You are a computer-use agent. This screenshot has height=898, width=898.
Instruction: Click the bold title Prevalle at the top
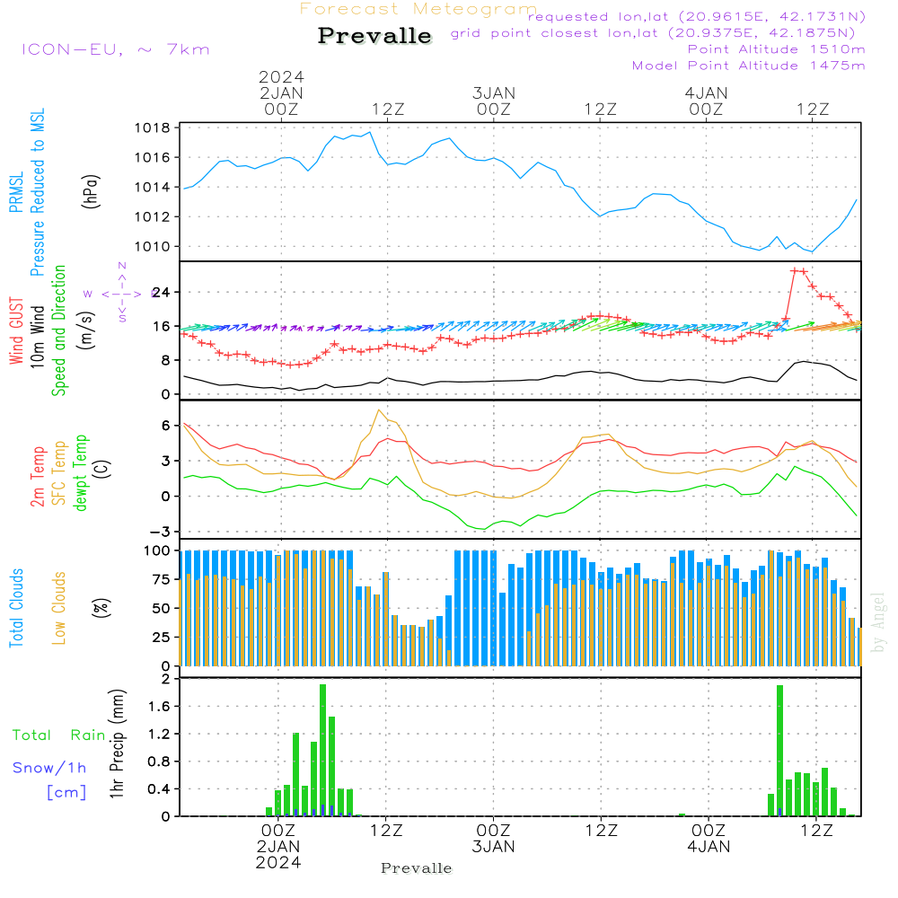point(374,37)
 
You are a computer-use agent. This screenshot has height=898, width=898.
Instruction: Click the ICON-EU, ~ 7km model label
point(115,49)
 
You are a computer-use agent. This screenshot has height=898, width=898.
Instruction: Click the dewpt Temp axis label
point(81,472)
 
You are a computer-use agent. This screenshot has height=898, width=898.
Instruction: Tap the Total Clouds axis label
point(17,608)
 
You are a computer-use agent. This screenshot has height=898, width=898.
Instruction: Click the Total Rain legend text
point(59,735)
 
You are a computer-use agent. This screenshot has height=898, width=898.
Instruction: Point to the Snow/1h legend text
point(50,768)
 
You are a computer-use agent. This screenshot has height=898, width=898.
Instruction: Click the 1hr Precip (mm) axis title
point(117,745)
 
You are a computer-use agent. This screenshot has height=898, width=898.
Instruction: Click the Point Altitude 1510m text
point(776,49)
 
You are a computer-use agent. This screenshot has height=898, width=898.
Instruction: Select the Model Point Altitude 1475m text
point(748,66)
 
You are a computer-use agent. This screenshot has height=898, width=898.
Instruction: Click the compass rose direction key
point(121,293)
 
